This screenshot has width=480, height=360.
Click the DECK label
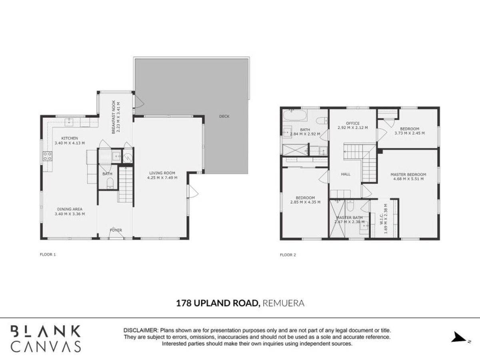224,116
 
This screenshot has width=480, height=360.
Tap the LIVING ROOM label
162,173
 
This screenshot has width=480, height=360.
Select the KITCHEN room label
70,138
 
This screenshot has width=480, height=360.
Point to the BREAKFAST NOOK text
114,117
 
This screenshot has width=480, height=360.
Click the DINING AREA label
70,209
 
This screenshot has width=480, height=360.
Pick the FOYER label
116,230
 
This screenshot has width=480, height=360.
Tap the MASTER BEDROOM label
408,174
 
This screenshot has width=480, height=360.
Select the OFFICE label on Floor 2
353,123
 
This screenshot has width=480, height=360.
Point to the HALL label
346,174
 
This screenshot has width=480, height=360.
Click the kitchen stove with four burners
48,156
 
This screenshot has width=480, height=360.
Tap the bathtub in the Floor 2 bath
295,115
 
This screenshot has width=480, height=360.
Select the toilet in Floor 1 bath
110,183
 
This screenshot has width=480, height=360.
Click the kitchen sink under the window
69,122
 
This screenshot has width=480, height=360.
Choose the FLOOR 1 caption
48,254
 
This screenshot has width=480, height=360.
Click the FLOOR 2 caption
288,255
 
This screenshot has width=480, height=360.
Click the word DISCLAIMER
141,330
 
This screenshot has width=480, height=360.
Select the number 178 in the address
184,303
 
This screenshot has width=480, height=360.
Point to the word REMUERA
284,303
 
